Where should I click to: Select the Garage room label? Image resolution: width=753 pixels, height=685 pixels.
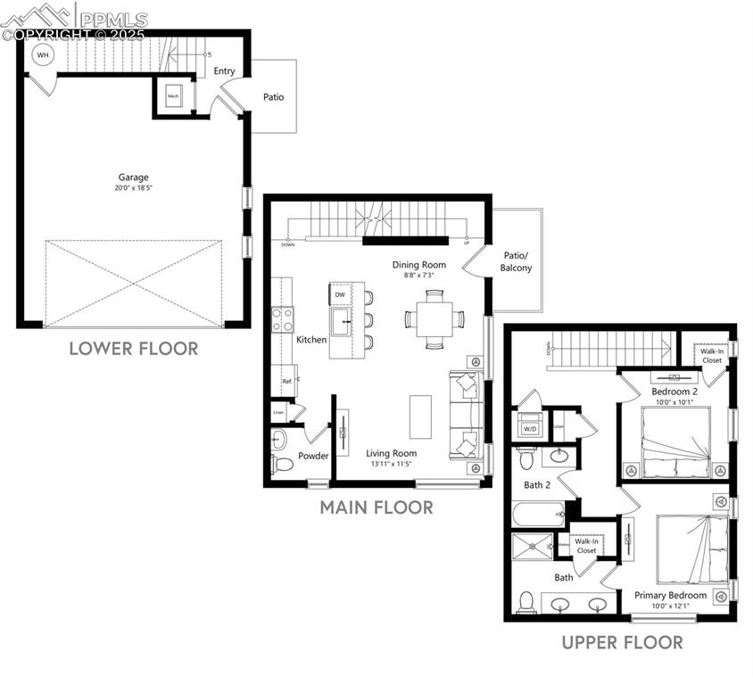(x=134, y=177)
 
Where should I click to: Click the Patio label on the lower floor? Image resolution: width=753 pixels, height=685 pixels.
(x=273, y=96)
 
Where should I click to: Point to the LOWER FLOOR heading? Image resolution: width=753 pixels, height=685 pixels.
(x=134, y=349)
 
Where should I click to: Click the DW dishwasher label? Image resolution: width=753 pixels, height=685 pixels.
(x=340, y=294)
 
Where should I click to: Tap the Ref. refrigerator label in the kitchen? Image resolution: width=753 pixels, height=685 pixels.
(x=287, y=382)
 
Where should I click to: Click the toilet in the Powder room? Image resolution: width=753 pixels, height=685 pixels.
(x=281, y=462)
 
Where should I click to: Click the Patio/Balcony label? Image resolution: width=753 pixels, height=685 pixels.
(x=517, y=261)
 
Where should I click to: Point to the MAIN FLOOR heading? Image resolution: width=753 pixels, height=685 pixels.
(x=376, y=508)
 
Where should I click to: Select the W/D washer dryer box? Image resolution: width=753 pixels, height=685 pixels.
(x=530, y=426)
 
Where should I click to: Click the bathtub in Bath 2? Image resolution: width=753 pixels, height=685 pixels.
(x=539, y=515)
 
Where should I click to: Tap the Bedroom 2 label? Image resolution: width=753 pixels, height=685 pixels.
(x=674, y=392)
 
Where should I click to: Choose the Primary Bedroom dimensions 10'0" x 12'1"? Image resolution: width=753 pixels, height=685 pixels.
(x=670, y=607)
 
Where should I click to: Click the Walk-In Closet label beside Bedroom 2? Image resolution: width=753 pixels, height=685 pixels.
(x=711, y=356)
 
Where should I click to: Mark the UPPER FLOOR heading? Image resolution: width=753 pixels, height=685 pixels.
(x=622, y=642)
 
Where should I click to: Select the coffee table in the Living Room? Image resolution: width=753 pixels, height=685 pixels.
(x=420, y=416)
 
